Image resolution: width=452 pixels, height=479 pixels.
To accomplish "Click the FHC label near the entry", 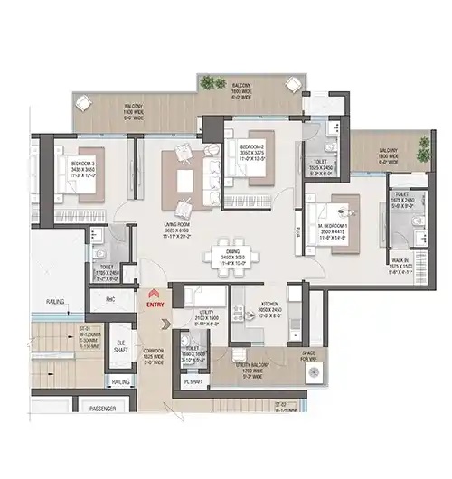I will pyautogui.click(x=109, y=298).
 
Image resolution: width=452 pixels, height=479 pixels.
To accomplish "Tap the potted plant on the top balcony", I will pyautogui.click(x=212, y=84).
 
